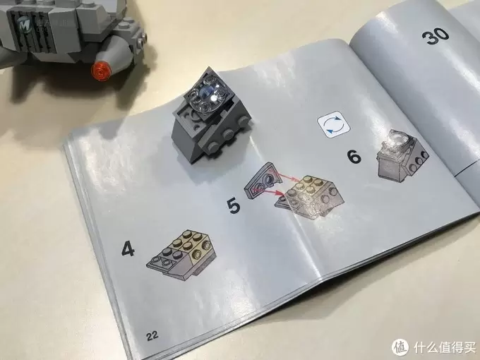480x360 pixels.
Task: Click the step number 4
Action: [128, 248]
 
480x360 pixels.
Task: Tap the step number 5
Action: [234, 205]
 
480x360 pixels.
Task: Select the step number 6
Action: [354, 157]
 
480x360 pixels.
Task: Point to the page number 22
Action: [152, 336]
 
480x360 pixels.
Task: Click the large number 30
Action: [436, 36]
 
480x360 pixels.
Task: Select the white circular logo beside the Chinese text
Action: [400, 346]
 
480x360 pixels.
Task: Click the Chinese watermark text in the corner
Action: [445, 347]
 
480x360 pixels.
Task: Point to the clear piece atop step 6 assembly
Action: [397, 140]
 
